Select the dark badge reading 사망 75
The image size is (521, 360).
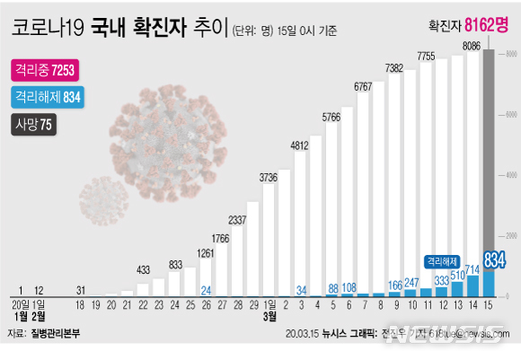tap(33, 125)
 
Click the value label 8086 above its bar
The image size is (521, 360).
tap(470, 45)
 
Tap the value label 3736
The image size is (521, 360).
tap(269, 178)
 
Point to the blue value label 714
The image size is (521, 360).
tap(472, 269)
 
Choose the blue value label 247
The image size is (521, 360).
tap(411, 283)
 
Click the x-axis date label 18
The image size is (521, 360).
tap(80, 306)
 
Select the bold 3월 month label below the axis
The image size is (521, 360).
tap(269, 317)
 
